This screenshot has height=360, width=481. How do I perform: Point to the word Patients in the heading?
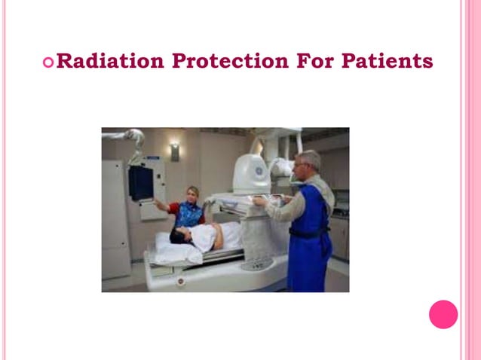tap(388, 61)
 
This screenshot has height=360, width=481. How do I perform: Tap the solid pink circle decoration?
tap(443, 314)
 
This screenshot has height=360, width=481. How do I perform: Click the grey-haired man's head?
tap(309, 162)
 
